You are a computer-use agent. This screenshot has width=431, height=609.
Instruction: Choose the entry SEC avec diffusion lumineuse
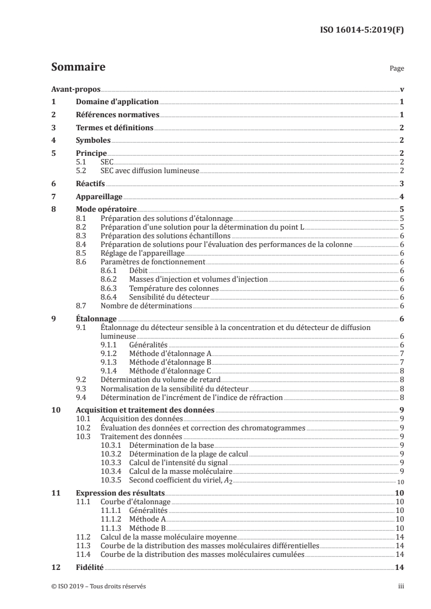click(x=150, y=171)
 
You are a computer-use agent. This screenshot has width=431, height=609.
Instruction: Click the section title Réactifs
click(x=90, y=184)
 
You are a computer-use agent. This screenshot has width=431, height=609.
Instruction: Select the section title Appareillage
click(x=99, y=197)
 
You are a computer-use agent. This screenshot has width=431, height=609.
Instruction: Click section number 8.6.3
click(x=110, y=288)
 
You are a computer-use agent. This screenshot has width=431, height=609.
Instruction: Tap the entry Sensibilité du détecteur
click(x=169, y=297)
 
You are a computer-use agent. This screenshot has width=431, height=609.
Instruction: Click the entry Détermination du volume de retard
click(x=160, y=380)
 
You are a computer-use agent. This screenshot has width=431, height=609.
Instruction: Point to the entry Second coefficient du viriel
click(x=180, y=481)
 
